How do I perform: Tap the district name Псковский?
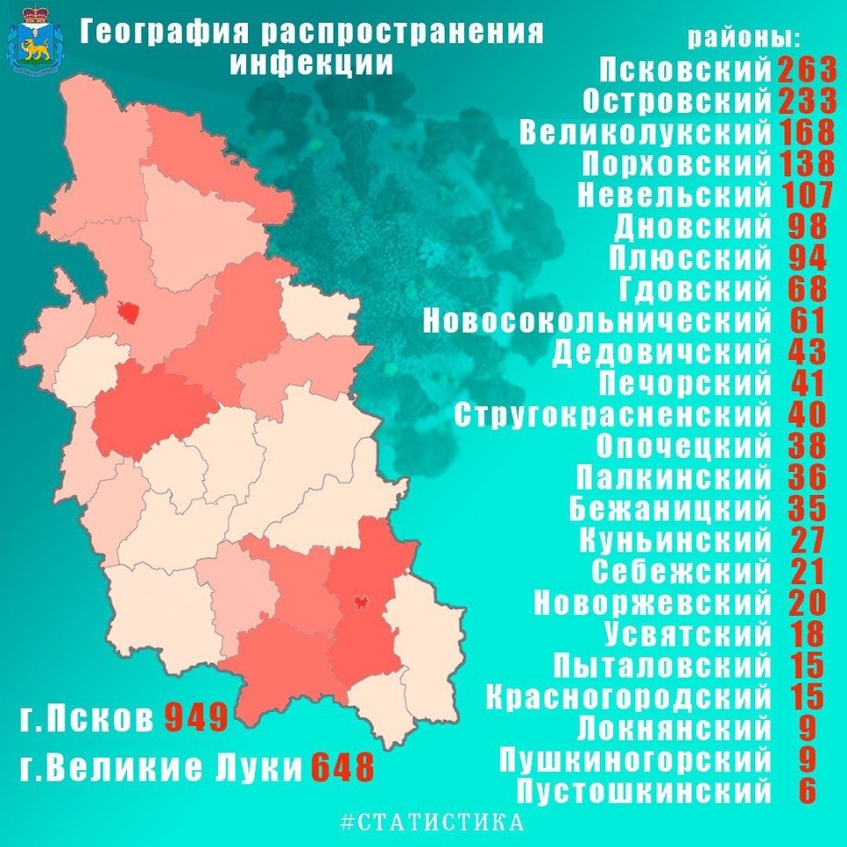coord(686,70)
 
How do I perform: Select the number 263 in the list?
coord(806,70)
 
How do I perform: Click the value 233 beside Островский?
coord(806,101)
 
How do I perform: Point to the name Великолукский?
coord(645,132)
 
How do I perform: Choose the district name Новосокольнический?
coord(596,320)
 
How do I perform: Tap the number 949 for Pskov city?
coord(197,717)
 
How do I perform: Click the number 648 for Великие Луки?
coord(342,767)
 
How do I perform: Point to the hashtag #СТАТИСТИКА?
coord(432,823)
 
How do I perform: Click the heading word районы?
coord(744,39)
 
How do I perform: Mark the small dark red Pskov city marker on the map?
coord(129,311)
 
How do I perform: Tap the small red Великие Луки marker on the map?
coord(360,602)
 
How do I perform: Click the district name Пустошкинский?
coord(643,791)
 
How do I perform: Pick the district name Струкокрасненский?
coord(613,415)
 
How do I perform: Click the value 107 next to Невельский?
coord(806,195)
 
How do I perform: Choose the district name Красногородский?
coord(628,697)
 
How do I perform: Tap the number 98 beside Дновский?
coord(806,227)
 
